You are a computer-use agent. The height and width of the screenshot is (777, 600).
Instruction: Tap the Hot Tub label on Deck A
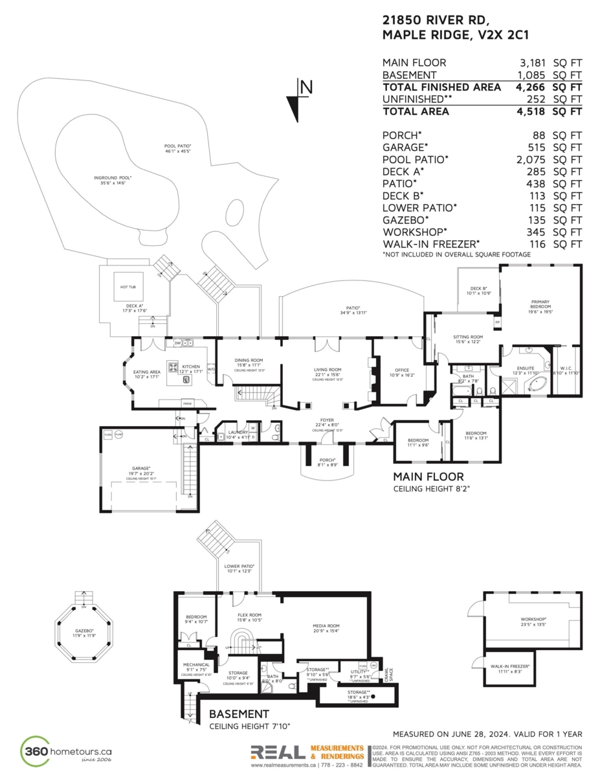point(127,286)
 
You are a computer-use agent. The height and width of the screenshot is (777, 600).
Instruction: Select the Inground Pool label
point(112,178)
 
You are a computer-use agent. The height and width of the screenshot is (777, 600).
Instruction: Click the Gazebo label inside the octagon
point(83,631)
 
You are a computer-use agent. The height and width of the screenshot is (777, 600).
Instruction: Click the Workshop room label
point(534,620)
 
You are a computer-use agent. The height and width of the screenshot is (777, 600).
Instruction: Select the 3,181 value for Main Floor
point(533,63)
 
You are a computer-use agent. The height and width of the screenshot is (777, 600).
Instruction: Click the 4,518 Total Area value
point(533,111)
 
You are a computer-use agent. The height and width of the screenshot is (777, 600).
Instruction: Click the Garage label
point(142,468)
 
